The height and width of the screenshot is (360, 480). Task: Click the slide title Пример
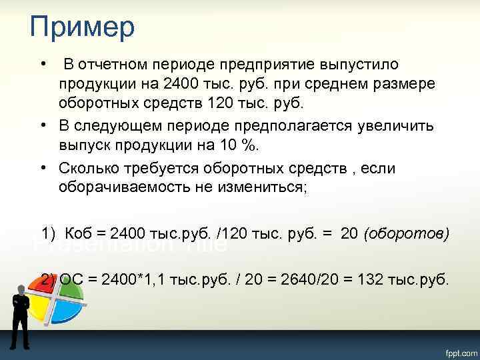82,28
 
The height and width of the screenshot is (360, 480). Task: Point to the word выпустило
359,65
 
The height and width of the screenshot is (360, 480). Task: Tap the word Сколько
87,168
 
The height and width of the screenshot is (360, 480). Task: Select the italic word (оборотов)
406,234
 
